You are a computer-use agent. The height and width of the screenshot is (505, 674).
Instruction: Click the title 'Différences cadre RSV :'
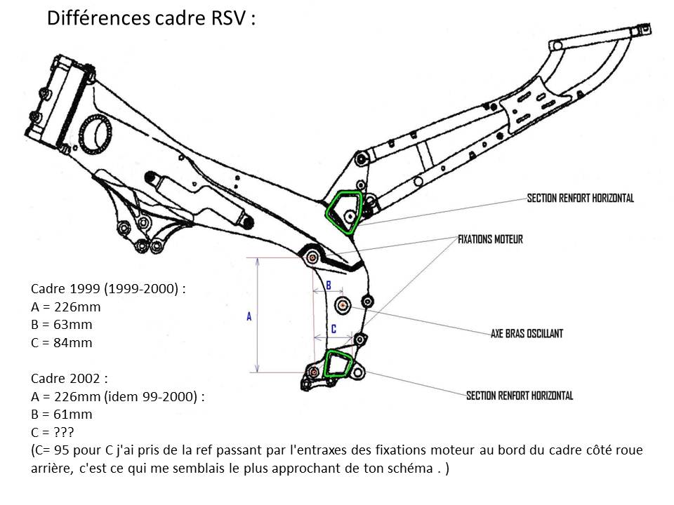point(151,18)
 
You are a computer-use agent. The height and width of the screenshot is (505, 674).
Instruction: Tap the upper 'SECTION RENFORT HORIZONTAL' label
point(580,198)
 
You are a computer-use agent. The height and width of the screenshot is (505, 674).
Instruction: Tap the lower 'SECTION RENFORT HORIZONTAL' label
point(520,396)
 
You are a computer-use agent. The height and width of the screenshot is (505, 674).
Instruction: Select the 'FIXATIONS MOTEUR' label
point(490,239)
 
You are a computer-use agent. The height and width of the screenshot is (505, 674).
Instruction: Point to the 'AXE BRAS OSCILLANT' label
point(527,334)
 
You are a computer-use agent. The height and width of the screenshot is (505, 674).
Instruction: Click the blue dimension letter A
point(249,317)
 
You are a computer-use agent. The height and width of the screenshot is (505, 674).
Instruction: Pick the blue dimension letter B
point(328,285)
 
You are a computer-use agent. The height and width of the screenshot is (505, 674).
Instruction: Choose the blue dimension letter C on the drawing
point(333,328)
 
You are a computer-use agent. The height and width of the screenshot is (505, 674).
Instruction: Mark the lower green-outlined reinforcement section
point(338,365)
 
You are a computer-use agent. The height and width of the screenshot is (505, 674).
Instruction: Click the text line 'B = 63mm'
point(62,325)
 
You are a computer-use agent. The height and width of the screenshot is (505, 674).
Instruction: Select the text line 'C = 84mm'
point(62,343)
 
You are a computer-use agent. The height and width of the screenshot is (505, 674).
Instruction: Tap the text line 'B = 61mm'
point(62,415)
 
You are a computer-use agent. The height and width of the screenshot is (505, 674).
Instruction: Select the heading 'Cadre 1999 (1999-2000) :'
point(108,289)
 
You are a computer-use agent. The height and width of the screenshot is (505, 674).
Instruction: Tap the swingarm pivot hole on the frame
point(343,306)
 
